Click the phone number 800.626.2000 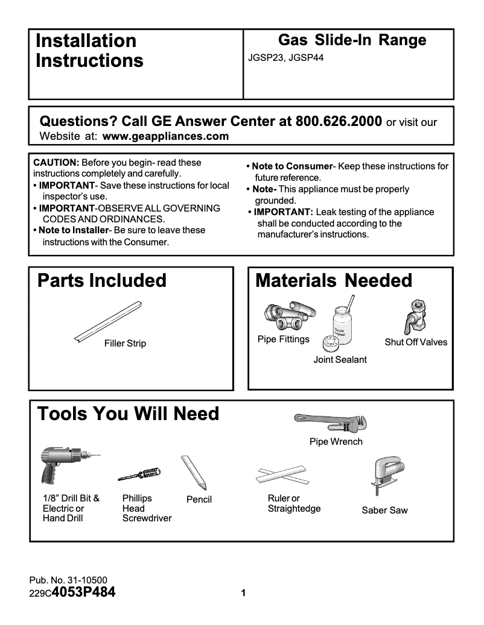[x=338, y=121]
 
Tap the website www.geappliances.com [x=166, y=136]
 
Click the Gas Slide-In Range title [x=352, y=40]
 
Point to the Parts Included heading [x=102, y=280]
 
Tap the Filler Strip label [x=125, y=344]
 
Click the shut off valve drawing [x=416, y=317]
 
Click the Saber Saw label [x=384, y=510]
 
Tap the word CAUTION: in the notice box [x=56, y=163]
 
